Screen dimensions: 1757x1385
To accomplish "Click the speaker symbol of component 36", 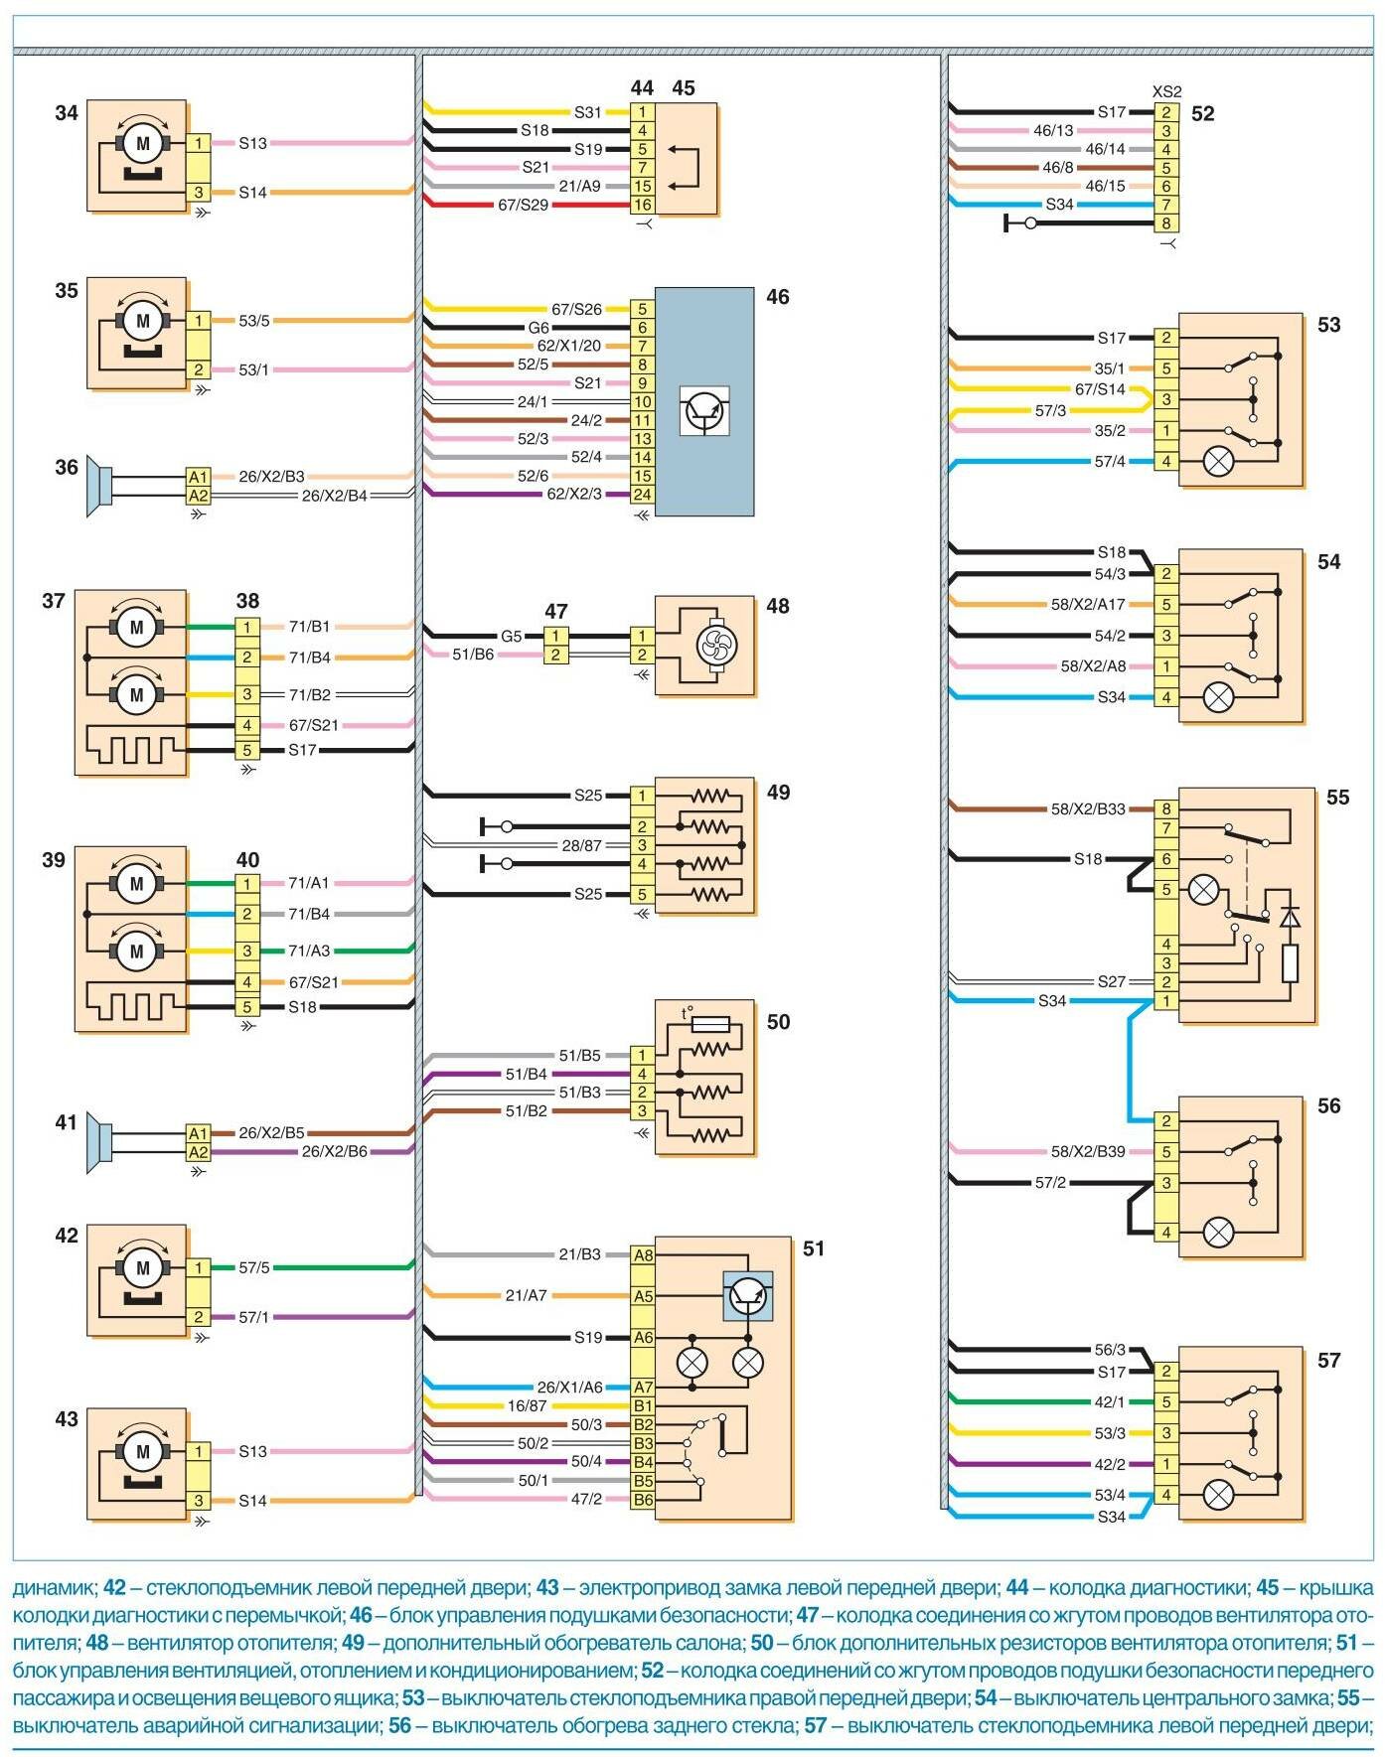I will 97,486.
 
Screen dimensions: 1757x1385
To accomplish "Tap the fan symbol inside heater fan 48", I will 711,646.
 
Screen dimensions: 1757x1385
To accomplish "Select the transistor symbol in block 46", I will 705,411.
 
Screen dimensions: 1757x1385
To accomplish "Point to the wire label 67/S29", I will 524,205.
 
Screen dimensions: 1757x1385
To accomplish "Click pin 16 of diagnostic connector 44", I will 643,205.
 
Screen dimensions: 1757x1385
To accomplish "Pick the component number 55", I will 1337,798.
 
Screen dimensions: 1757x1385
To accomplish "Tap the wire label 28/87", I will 582,845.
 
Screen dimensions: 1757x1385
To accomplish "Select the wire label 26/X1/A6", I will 569,1387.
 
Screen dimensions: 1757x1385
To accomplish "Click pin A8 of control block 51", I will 644,1254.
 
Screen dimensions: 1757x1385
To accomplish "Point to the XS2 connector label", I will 1167,91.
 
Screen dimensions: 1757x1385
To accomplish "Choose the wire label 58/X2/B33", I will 1088,808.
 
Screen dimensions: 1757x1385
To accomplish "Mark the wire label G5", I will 511,636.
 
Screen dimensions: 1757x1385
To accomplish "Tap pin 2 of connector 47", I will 556,655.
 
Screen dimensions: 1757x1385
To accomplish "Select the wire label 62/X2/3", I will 574,494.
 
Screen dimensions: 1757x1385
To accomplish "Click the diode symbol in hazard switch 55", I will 1290,917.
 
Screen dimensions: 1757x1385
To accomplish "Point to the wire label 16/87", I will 528,1405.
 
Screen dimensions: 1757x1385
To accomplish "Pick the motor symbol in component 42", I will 143,1268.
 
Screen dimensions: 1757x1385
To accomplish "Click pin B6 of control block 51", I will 644,1499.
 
